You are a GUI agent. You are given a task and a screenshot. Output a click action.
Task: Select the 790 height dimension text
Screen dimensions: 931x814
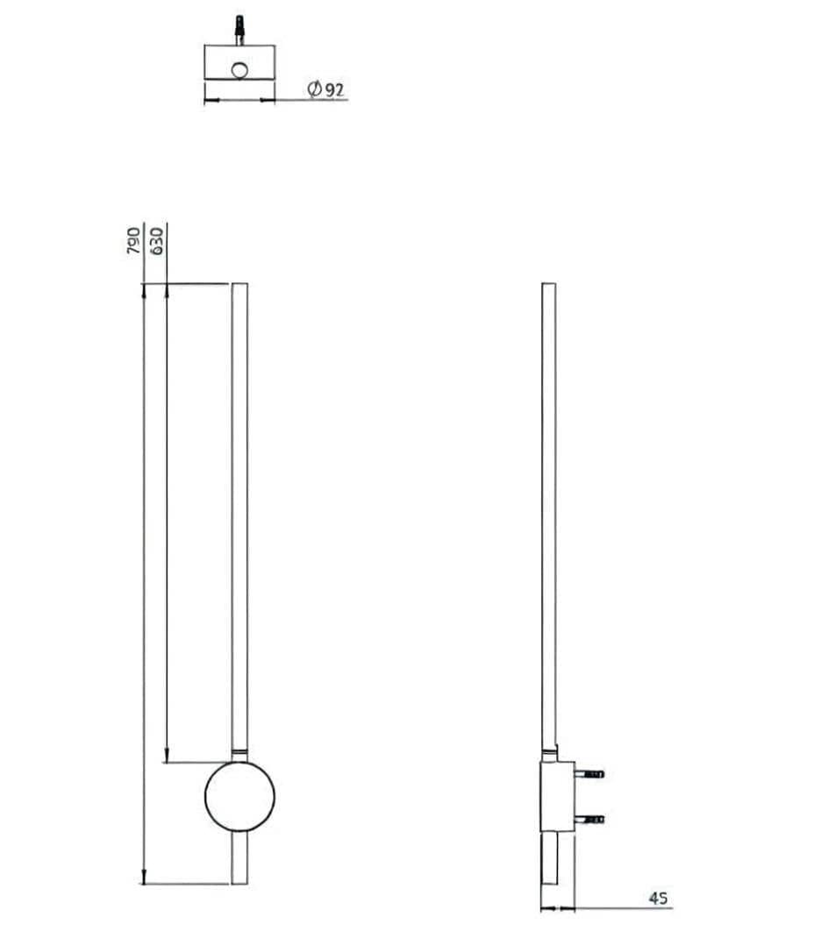point(133,240)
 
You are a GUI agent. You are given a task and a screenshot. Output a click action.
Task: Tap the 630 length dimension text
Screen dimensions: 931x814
point(158,240)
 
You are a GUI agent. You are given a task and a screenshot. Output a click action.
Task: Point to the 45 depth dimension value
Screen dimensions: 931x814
point(659,899)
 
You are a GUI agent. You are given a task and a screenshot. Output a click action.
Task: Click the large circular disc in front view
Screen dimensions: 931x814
point(239,796)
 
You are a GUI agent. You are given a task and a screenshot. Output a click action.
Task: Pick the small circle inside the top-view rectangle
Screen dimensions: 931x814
point(239,68)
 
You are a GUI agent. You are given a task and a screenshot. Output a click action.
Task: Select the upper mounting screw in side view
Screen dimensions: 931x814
point(589,775)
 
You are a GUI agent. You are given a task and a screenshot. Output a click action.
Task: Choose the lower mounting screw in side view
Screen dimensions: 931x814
point(589,819)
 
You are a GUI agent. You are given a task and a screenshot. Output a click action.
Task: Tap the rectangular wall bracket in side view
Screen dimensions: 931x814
point(556,796)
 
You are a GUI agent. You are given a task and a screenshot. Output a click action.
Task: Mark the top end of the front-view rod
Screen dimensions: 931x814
point(239,286)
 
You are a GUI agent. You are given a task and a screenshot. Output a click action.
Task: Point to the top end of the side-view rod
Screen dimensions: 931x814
point(548,286)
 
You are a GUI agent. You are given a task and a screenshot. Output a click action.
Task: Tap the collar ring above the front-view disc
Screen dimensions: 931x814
point(239,752)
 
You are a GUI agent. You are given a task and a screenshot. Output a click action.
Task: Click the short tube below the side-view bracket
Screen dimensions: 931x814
point(548,859)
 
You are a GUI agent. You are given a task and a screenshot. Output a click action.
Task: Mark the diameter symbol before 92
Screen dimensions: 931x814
point(313,89)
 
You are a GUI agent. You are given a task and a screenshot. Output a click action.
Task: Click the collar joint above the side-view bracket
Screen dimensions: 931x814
point(548,755)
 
